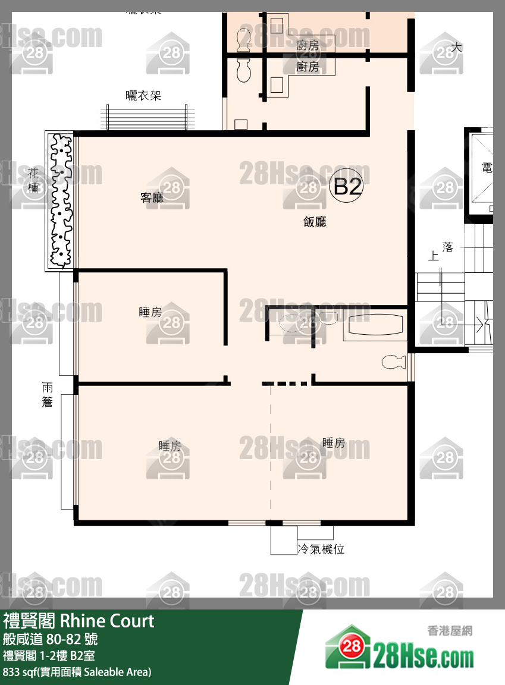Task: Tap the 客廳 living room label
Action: tap(152, 198)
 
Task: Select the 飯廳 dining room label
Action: tap(315, 222)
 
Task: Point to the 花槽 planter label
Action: tap(34, 180)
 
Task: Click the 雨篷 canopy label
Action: tap(48, 395)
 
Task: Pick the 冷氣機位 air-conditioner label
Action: tap(321, 549)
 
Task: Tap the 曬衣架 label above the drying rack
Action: tap(143, 95)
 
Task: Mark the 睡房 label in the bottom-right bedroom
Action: tap(334, 442)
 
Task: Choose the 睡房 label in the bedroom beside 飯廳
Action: tap(150, 312)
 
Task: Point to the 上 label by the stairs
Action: tap(434, 257)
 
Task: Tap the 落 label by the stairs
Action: tap(448, 247)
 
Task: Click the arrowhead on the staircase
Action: tap(480, 325)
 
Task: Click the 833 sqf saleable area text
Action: tap(77, 673)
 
